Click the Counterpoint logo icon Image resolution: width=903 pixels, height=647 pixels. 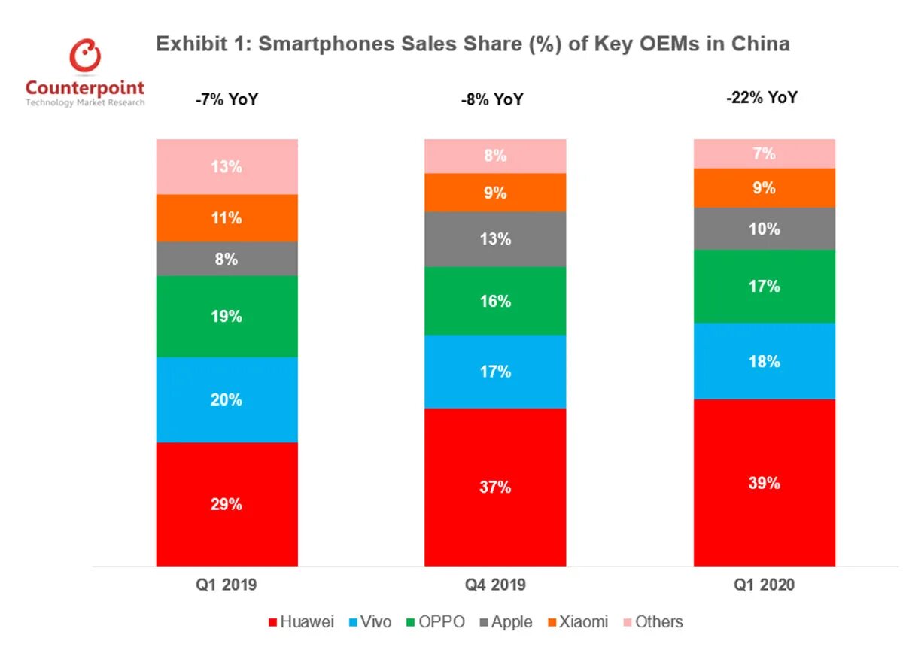pos(85,56)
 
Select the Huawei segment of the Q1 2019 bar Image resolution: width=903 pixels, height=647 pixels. pos(227,504)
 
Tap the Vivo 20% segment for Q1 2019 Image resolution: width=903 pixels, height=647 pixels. pos(227,399)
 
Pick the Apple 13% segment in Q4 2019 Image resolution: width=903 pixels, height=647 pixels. pos(495,239)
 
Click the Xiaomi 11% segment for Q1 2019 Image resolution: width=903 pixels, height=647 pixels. pos(227,218)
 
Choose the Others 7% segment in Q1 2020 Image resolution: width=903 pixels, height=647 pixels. pos(764,153)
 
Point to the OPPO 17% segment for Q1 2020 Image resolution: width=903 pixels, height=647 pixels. pos(764,286)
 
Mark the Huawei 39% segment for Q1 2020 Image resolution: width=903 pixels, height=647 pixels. pos(764,483)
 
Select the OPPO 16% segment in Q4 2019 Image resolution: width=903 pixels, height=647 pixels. pos(495,301)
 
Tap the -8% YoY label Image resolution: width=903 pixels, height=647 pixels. pos(493,99)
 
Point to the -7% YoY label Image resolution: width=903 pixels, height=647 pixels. pos(227,99)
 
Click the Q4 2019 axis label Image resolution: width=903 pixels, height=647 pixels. pos(494,585)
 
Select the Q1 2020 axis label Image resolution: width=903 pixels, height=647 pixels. pos(764,585)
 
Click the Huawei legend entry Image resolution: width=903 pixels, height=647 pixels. pos(301,622)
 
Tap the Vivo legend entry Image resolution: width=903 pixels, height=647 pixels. pos(371,622)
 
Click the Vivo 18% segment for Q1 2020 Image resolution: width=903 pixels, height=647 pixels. pos(764,361)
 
